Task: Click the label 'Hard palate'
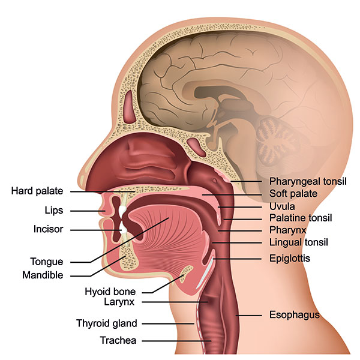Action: pos(37,191)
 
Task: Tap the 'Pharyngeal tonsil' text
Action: pos(308,181)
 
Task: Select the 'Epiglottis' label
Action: pos(290,259)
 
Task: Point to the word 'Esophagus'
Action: pos(295,315)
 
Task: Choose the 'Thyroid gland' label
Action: pos(107,323)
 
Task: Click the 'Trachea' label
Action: pos(118,340)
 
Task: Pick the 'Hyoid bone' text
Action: pos(110,292)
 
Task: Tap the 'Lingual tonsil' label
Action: pos(299,242)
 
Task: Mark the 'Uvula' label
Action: pos(282,206)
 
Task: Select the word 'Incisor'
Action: pos(49,229)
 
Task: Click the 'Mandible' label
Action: pos(43,275)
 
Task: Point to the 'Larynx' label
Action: pos(119,302)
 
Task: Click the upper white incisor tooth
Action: pos(122,210)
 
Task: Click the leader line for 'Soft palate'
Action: pos(232,195)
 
